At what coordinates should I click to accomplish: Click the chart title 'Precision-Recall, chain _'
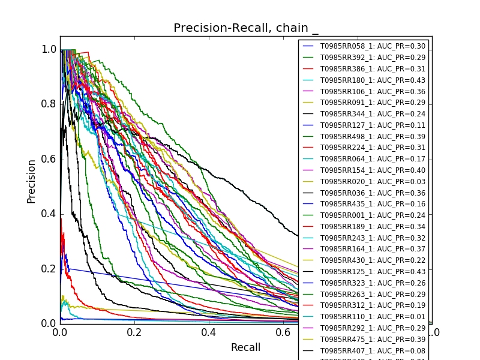(246, 28)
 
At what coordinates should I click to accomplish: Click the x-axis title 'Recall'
(246, 347)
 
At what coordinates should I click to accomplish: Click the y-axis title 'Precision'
(31, 181)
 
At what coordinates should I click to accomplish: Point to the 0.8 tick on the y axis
(49, 104)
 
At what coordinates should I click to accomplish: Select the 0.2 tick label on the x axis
(134, 332)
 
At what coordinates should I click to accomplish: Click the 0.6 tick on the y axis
(49, 159)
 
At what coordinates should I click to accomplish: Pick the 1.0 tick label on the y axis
(49, 49)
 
